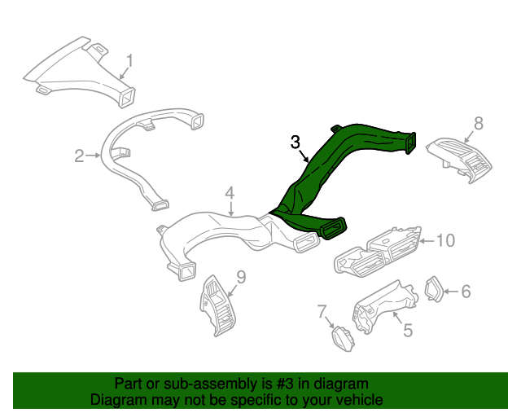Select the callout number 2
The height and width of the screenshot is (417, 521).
coord(80,156)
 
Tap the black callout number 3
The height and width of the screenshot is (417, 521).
coord(296,142)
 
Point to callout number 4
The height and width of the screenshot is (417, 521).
coord(230,193)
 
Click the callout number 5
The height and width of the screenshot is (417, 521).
coord(408,330)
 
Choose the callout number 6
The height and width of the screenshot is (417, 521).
coord(466,291)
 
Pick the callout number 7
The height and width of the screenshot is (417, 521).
coord(322,311)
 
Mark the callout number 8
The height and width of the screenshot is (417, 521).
coord(479,123)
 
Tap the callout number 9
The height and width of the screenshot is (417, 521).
coord(240,277)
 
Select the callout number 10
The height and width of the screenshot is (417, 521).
coord(444,240)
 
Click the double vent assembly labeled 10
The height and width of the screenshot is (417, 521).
coord(379,250)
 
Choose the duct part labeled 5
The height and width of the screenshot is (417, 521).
coord(382,307)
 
